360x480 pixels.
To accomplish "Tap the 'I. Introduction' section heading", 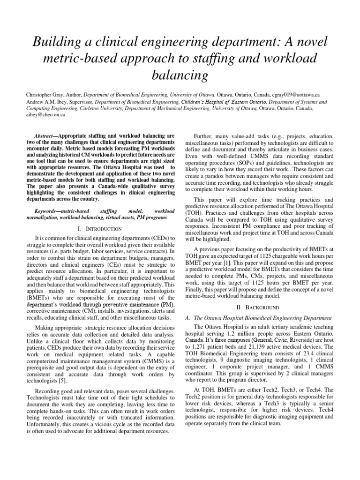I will click(x=101, y=228).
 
